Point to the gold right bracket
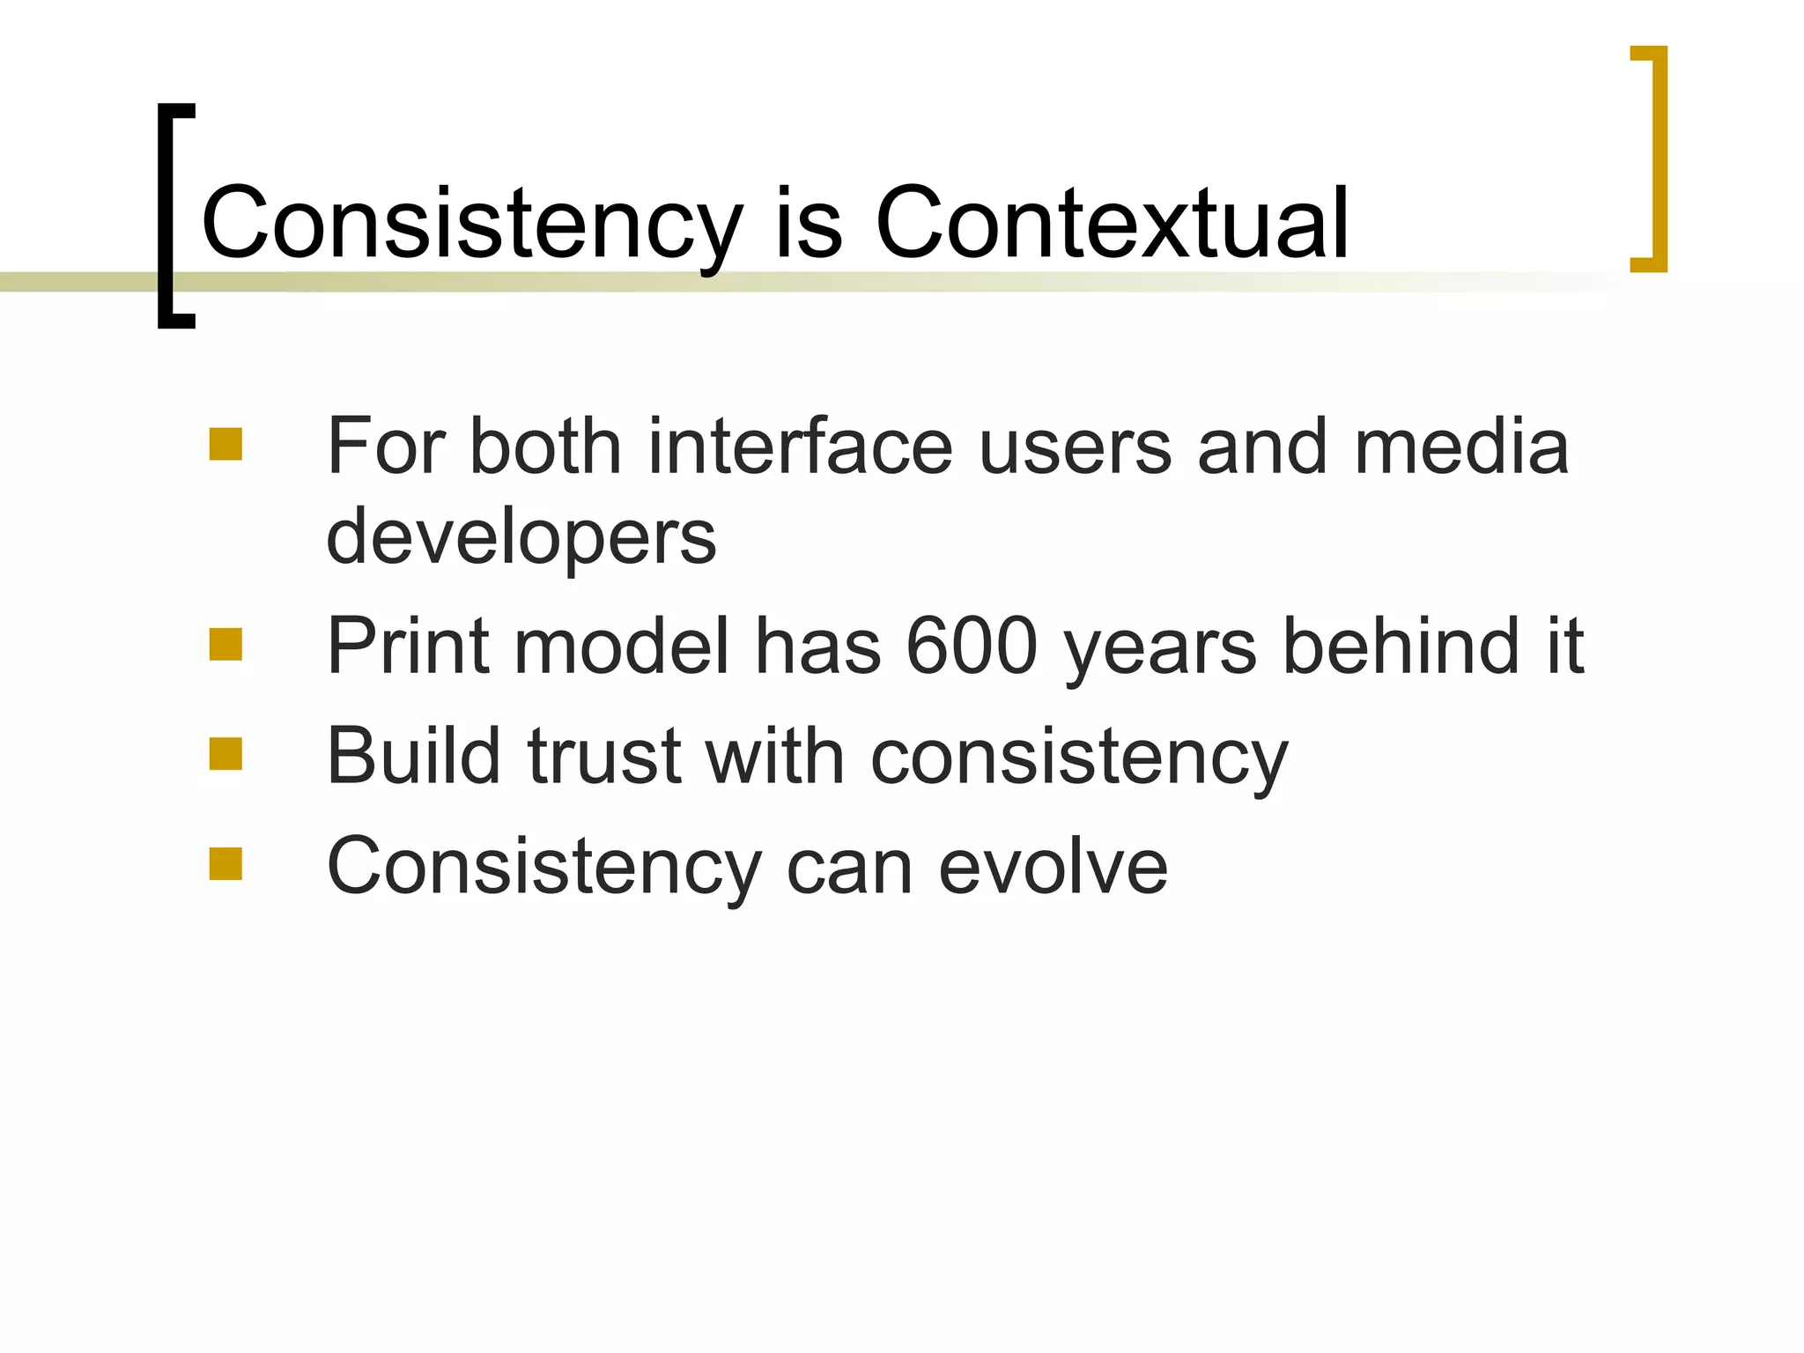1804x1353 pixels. click(x=1658, y=159)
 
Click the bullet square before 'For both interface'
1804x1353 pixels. click(x=225, y=445)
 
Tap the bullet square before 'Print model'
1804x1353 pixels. click(x=225, y=644)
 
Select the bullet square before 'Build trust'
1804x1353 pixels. click(x=225, y=754)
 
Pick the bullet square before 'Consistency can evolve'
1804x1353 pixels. click(x=225, y=864)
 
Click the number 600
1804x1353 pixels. click(x=972, y=646)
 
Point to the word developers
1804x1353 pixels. click(x=521, y=536)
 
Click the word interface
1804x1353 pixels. click(x=800, y=447)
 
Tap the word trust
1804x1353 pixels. click(x=604, y=756)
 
